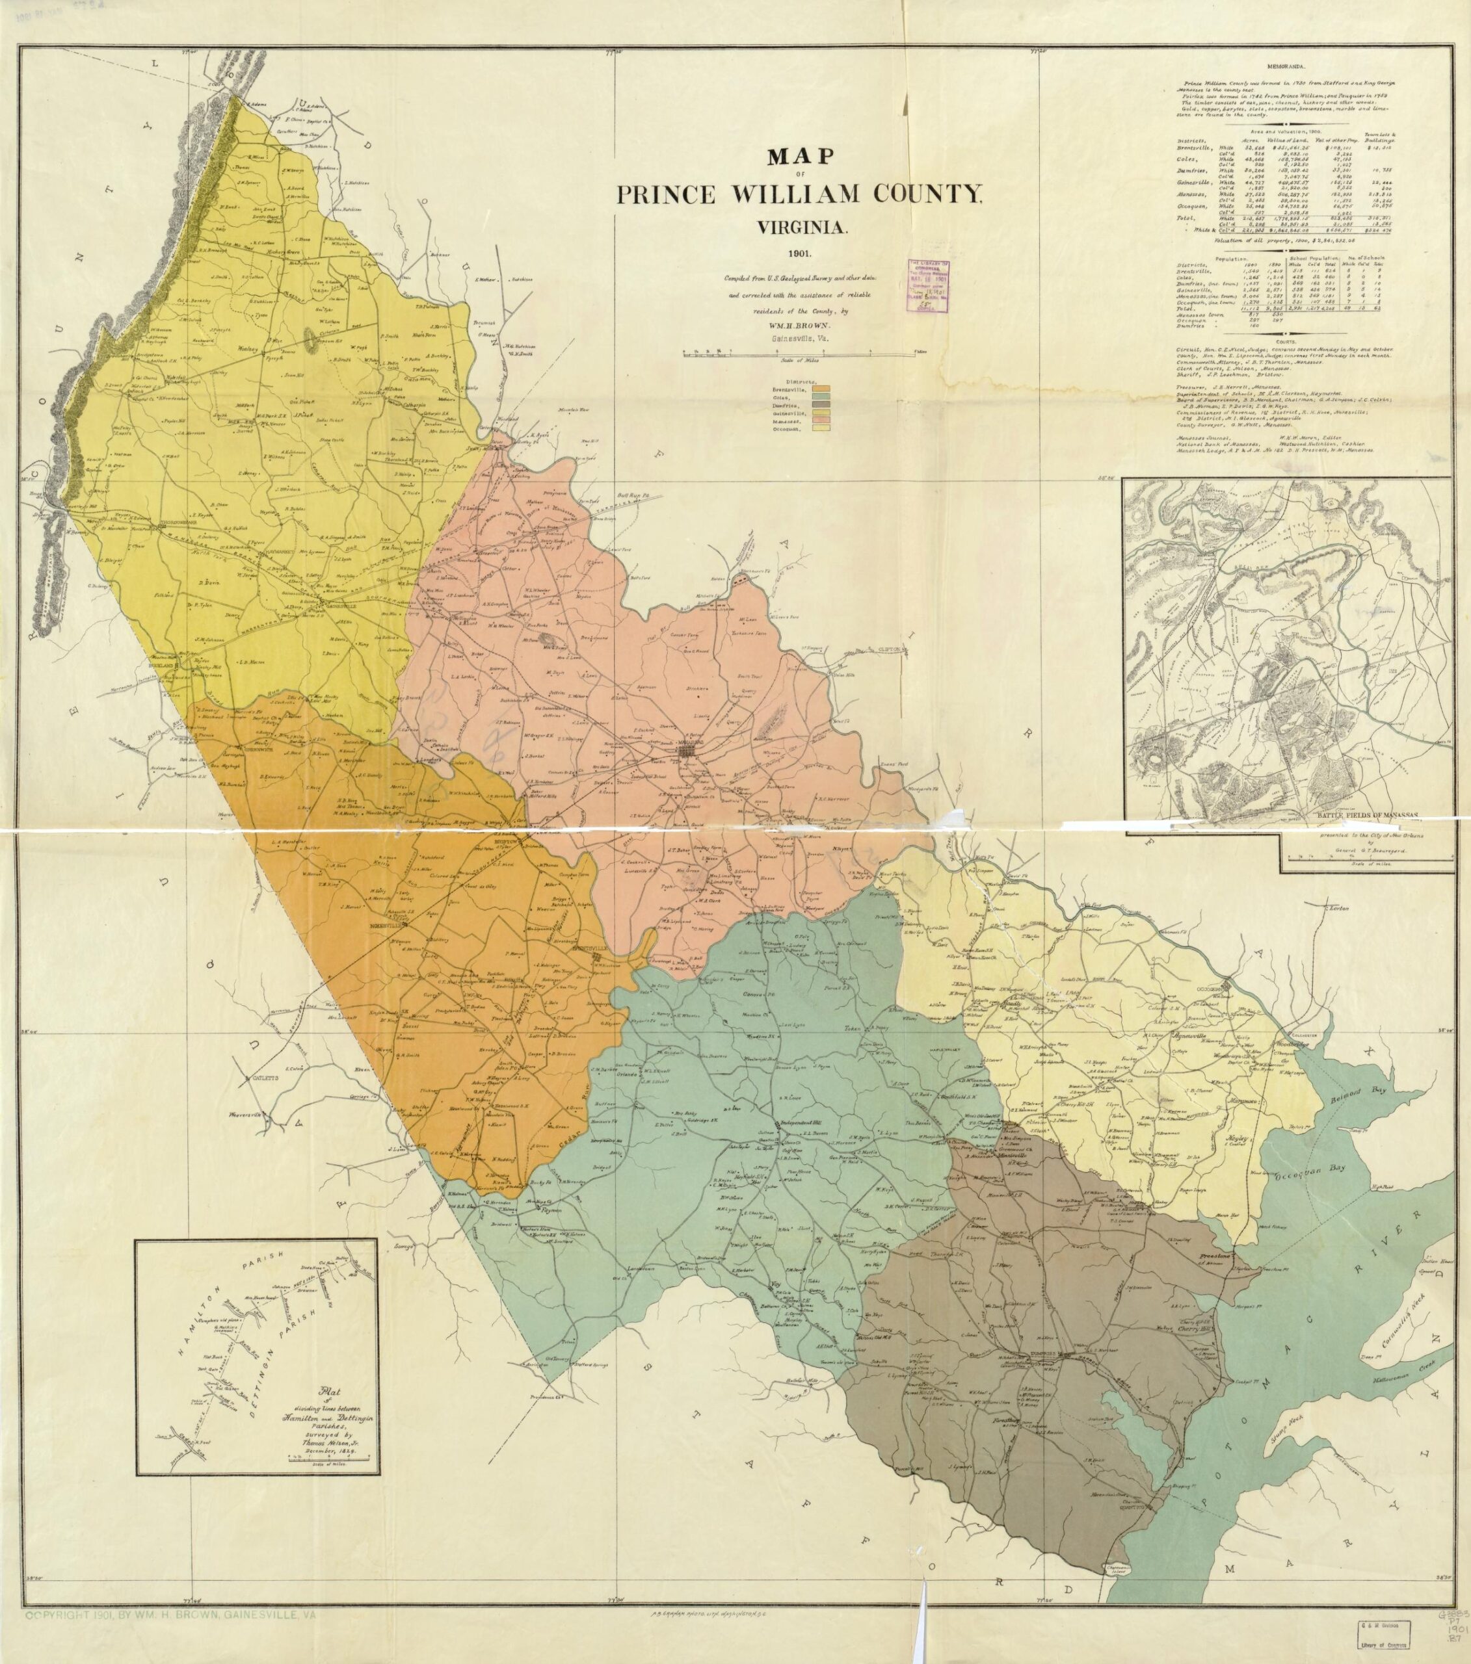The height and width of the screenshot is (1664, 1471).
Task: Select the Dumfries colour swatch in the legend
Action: [x=822, y=404]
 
